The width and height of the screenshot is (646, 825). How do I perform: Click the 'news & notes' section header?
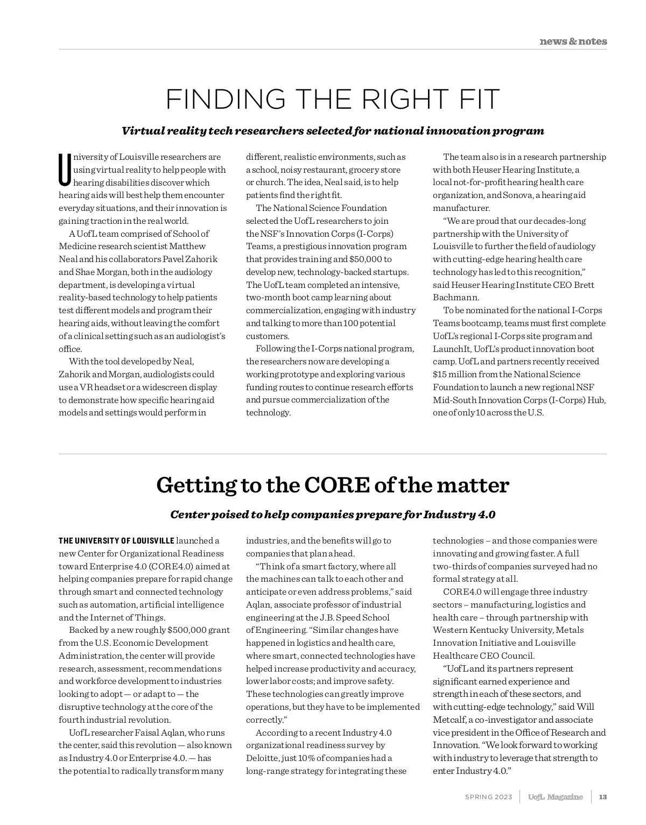click(x=573, y=41)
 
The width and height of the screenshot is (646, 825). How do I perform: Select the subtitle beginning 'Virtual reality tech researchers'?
click(x=333, y=131)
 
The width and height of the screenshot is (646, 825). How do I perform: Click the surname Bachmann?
click(x=456, y=298)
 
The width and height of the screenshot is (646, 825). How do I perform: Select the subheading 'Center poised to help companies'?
click(x=333, y=514)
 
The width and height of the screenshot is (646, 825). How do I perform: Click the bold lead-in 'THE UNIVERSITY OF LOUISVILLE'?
click(x=116, y=541)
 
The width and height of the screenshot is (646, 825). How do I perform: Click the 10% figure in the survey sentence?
click(x=303, y=758)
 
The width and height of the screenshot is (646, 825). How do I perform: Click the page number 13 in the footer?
click(x=603, y=797)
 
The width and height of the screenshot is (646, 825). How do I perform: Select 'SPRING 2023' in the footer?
click(x=488, y=797)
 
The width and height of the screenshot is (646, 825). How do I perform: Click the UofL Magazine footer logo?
click(x=555, y=797)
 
